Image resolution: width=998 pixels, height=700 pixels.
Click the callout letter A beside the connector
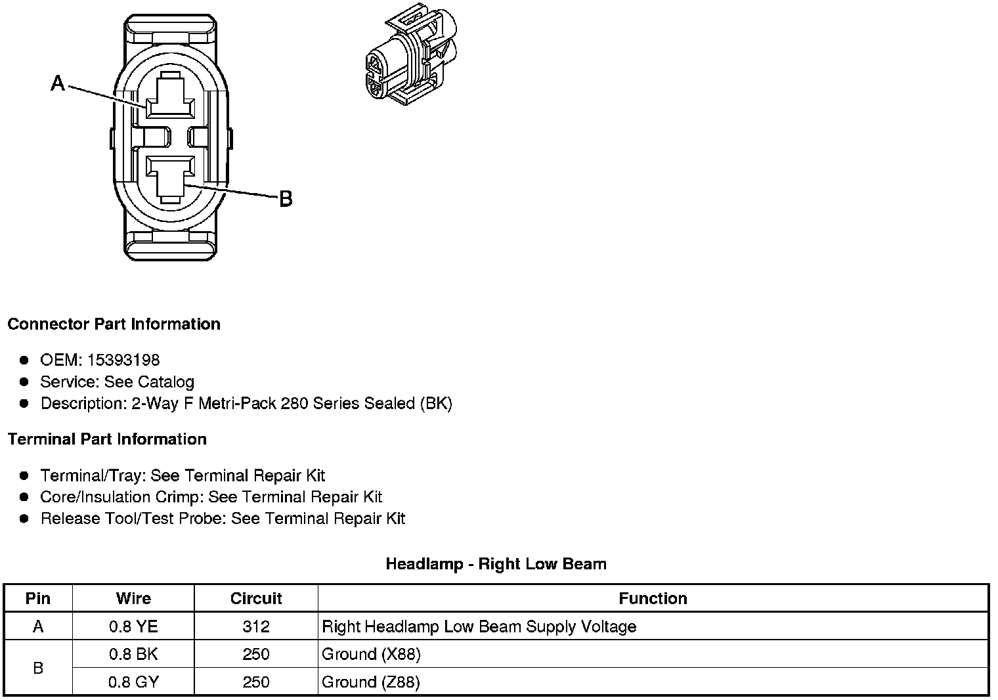[x=58, y=83]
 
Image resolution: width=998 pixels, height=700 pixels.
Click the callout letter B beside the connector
[x=286, y=198]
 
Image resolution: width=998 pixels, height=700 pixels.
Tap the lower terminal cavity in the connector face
[x=169, y=176]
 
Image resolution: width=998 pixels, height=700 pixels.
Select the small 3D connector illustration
[x=410, y=55]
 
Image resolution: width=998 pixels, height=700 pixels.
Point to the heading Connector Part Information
[x=114, y=324]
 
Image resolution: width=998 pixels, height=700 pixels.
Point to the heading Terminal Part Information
[x=107, y=439]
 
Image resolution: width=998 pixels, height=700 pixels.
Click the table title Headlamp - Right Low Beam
[x=496, y=563]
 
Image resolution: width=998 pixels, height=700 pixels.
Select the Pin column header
[x=38, y=598]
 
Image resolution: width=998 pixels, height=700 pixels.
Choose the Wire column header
[x=133, y=598]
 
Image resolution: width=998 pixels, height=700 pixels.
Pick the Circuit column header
[x=255, y=598]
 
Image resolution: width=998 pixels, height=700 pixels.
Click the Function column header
[x=653, y=598]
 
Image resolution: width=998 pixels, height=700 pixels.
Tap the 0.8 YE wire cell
[x=133, y=626]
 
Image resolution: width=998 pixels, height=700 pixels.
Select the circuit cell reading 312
[x=255, y=626]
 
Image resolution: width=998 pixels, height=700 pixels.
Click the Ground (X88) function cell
[x=371, y=654]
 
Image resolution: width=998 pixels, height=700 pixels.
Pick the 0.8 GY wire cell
[x=133, y=682]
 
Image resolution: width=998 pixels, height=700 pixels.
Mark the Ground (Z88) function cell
[x=371, y=682]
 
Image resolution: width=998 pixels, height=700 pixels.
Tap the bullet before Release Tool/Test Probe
[x=24, y=519]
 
